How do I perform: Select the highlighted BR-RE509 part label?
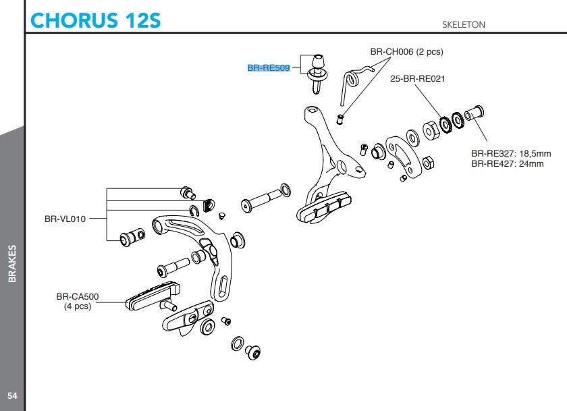(x=268, y=68)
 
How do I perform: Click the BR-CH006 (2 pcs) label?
(x=406, y=51)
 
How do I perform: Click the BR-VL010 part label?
(x=65, y=219)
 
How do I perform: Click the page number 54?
(x=11, y=395)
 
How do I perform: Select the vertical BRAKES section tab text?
(x=12, y=264)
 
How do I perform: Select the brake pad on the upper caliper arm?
(x=324, y=208)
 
